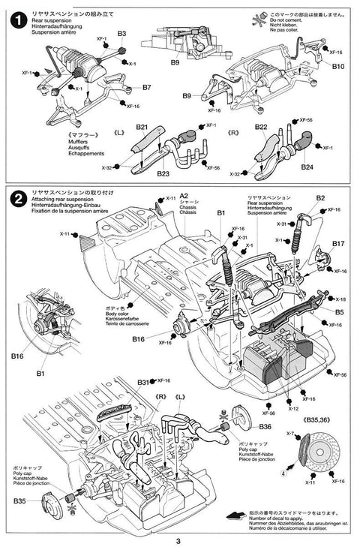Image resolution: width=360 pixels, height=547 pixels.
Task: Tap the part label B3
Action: pos(121,34)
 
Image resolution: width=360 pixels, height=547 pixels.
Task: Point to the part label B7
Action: pos(146,87)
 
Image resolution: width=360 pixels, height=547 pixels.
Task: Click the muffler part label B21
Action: pos(142,128)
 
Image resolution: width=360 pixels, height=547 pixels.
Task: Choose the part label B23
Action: pos(163,173)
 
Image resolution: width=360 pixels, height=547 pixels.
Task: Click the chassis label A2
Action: pos(184,196)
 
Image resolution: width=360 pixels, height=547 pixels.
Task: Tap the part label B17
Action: pos(338,244)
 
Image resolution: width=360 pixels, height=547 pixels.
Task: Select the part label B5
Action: pos(339,311)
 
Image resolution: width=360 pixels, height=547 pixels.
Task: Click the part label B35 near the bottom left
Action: pos(19,500)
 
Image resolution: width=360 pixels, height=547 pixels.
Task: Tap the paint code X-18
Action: pos(341,299)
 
